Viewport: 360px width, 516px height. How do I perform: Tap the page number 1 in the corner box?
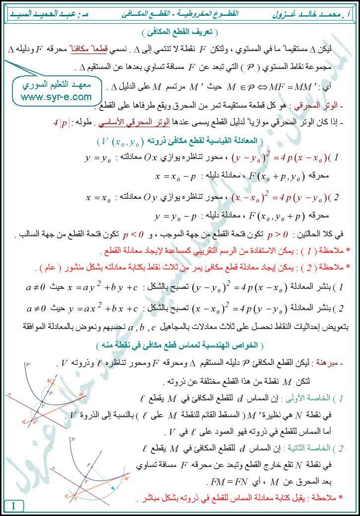(x=13, y=506)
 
